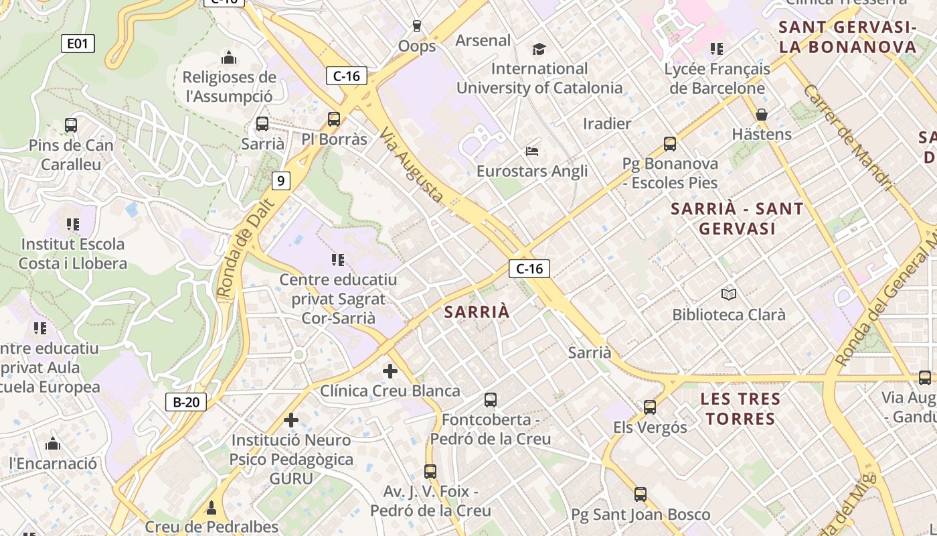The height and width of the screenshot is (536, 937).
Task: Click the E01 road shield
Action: coord(78,44)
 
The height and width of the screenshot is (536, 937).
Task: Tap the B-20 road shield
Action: coord(185,402)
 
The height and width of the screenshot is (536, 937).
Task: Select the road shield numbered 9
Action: coord(281,180)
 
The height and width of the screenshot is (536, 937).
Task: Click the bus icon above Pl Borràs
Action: coord(334,119)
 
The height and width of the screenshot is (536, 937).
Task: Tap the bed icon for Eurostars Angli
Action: coord(532,151)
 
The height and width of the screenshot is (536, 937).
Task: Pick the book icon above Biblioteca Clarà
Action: coord(729,294)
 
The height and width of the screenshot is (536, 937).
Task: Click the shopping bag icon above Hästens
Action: coord(762,115)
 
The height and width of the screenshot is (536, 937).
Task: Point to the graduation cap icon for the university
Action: coord(539,49)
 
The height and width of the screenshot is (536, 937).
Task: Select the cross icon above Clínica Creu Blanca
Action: coord(390,371)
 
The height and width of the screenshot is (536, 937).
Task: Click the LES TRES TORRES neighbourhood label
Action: coord(740,409)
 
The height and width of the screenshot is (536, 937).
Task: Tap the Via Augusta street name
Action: coord(412,165)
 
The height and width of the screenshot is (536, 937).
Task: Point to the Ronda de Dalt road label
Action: coord(246,247)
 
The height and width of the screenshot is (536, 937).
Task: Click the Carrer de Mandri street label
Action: coord(849,137)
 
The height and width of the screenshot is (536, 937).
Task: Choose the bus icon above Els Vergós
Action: coord(650,407)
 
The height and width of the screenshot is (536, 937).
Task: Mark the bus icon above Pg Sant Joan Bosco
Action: coord(641,494)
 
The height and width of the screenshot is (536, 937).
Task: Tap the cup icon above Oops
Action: coord(417,26)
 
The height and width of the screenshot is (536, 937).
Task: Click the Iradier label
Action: coord(607,123)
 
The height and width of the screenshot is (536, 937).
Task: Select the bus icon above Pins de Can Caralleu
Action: coord(71,125)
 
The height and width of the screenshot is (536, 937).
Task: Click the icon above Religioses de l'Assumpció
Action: coord(229,58)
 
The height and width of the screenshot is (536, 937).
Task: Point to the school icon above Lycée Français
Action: coord(717,49)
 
